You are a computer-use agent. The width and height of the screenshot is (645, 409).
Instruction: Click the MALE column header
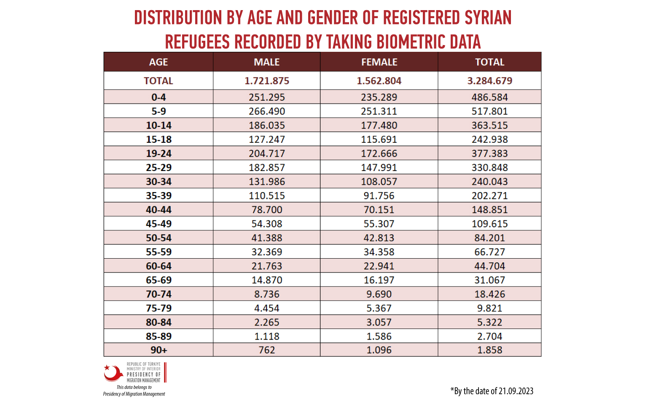coord(266,62)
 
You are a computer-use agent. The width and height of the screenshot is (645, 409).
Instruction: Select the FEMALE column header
coord(379,62)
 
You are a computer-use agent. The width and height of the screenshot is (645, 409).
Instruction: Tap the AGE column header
coord(159,62)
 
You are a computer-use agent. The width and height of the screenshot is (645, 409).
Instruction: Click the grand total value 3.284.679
coord(489,81)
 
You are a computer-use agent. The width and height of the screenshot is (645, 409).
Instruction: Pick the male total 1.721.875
coord(266,81)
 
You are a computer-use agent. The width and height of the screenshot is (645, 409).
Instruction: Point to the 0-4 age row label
coord(159,97)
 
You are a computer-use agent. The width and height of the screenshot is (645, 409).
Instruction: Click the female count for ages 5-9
coord(379,111)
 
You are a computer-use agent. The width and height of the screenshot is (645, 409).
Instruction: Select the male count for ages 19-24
coord(266,154)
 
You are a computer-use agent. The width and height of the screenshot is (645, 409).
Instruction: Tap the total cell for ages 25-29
coord(489,168)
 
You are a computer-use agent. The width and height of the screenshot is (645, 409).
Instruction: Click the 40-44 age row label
coord(159,210)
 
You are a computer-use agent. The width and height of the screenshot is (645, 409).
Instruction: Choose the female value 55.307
coord(379,224)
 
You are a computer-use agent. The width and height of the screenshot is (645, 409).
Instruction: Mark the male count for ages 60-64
coord(266,266)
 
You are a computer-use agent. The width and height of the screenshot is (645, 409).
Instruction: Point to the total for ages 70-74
coord(489,294)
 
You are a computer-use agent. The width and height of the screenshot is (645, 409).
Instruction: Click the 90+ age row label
coord(159,350)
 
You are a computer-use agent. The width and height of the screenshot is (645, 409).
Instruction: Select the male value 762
coord(266,350)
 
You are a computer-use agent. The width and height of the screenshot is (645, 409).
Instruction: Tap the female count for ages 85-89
coord(379,337)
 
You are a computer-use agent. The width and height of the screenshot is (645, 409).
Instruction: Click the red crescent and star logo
coord(113,373)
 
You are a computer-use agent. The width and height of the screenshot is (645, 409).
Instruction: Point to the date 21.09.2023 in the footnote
coord(516,391)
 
